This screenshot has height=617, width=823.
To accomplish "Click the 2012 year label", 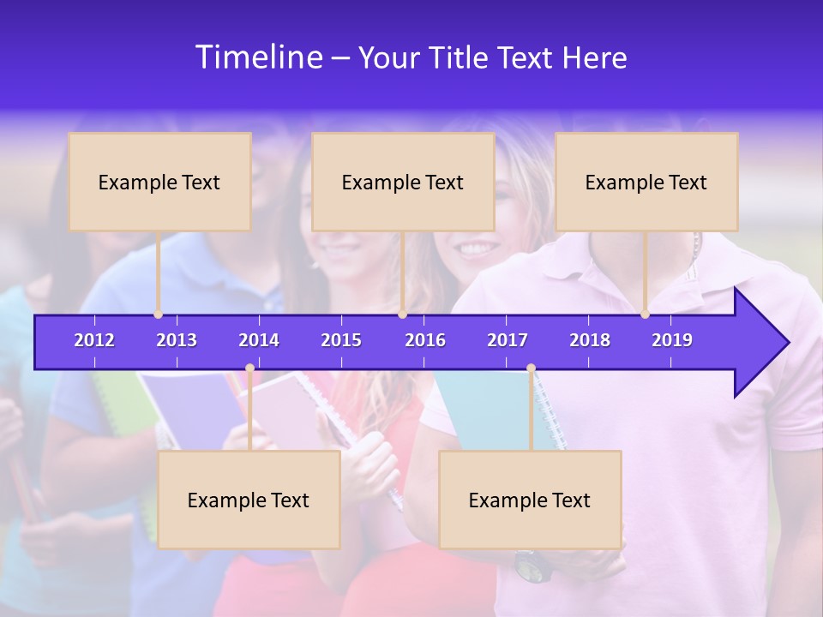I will click(x=94, y=340).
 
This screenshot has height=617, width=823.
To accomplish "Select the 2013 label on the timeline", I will click(x=177, y=340).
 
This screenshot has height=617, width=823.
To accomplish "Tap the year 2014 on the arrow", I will click(x=259, y=340).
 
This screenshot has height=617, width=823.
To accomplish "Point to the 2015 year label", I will click(x=341, y=340).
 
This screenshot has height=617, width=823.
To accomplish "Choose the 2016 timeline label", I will click(x=425, y=340).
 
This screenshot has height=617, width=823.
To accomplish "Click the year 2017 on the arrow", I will click(x=508, y=340).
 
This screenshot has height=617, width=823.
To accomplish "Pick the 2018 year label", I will click(x=590, y=340).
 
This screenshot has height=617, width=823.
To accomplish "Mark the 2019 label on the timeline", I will click(x=672, y=340).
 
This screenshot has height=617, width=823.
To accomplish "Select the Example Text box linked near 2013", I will click(x=159, y=182).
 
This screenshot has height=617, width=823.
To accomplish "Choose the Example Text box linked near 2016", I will click(x=403, y=182).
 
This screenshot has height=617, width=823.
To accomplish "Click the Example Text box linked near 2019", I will click(x=646, y=182).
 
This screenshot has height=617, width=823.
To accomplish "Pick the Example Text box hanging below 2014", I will click(x=249, y=500).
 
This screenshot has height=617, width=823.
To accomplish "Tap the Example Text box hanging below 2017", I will click(x=530, y=500).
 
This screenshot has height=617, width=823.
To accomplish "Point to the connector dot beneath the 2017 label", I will click(x=531, y=368).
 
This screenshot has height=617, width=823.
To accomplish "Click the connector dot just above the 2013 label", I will click(x=159, y=314).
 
